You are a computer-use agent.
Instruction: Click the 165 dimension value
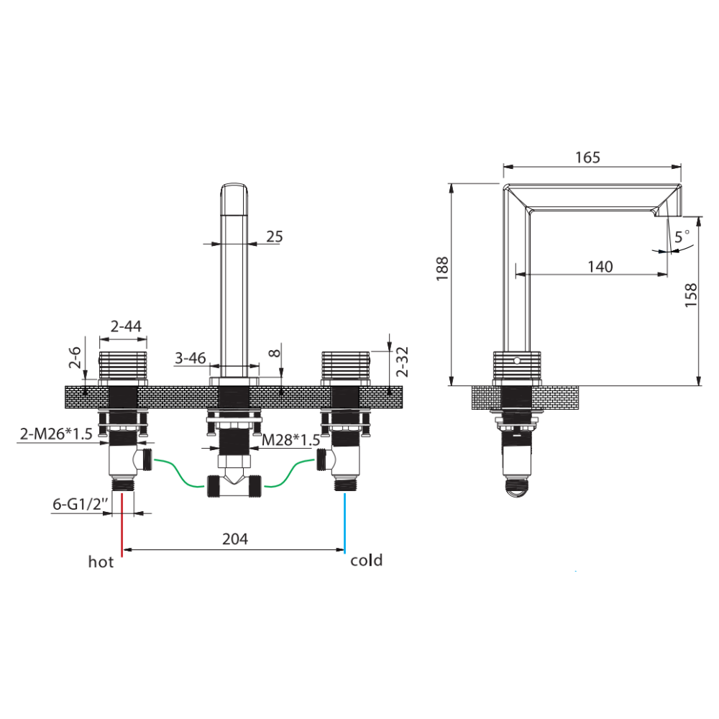coord(587,157)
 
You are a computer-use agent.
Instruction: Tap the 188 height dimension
coord(442,269)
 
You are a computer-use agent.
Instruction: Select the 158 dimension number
coord(690,295)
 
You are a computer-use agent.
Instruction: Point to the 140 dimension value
coord(600,267)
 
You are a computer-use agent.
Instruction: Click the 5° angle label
coord(682,236)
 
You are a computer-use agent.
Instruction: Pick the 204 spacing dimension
coord(235,539)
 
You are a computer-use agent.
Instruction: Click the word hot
coord(101,562)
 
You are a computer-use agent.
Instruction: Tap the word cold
coord(367,560)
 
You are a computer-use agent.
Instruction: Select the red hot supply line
coord(122,525)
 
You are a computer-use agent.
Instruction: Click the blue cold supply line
coord(344,523)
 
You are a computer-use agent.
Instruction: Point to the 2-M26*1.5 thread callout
coord(56,434)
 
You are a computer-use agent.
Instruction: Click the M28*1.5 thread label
coord(290,440)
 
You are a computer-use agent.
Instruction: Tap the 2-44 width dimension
coord(126,326)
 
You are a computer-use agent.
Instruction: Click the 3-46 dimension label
coord(191,357)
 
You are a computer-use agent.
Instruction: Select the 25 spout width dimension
coord(275,237)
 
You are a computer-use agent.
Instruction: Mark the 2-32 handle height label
coord(402,362)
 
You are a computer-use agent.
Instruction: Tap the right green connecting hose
coord(290,473)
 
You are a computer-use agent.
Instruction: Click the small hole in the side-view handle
coord(517,361)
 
